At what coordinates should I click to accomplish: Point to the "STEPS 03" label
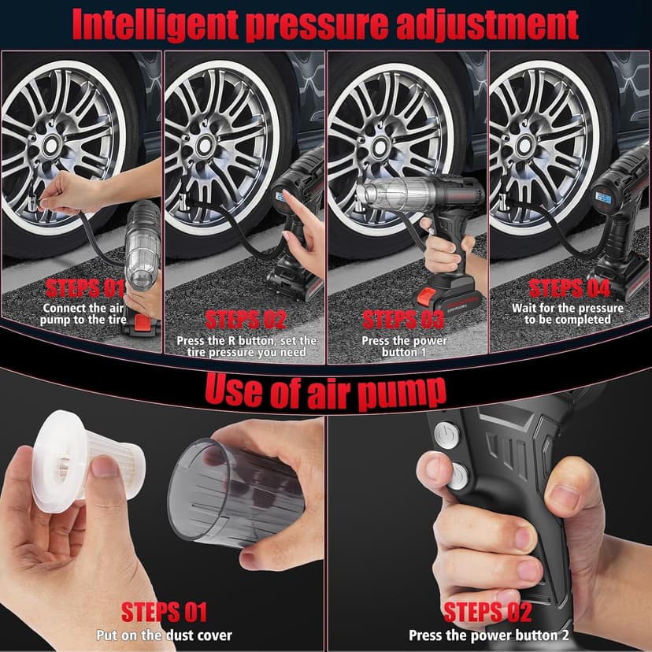[x=404, y=320]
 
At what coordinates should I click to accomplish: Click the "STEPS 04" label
[x=567, y=287]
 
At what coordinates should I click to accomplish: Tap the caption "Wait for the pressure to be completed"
[x=567, y=313]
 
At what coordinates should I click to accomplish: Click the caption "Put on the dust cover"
[x=164, y=635]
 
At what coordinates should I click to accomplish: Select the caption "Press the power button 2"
[x=488, y=635]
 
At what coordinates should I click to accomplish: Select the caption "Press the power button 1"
[x=404, y=346]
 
